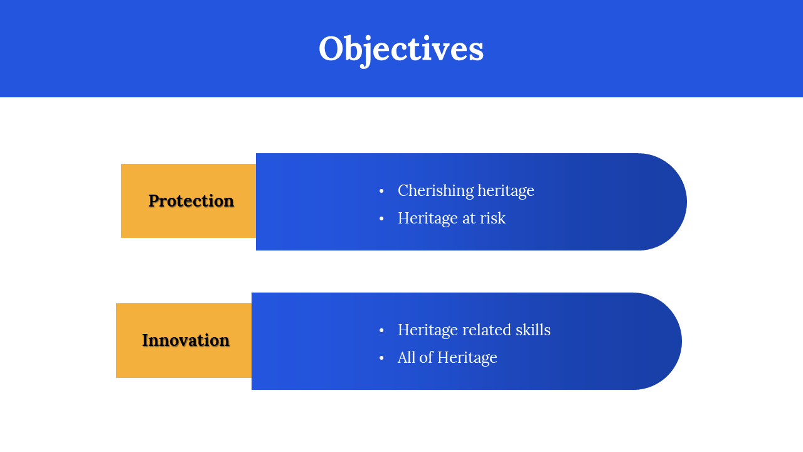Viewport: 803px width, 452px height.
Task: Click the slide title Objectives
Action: (x=401, y=50)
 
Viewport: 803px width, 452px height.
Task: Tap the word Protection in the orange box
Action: (x=191, y=201)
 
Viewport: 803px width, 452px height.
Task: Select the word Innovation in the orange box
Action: (x=186, y=340)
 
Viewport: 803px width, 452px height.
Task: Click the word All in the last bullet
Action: (x=407, y=357)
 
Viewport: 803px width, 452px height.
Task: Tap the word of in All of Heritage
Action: (x=427, y=357)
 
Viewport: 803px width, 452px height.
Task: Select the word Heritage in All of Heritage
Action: (x=467, y=358)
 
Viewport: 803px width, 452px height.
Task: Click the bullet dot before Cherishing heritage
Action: (x=381, y=191)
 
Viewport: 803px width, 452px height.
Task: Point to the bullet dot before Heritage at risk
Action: (x=381, y=218)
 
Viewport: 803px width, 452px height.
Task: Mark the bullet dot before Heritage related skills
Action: (x=381, y=330)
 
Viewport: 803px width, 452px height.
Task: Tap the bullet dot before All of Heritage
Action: (x=381, y=358)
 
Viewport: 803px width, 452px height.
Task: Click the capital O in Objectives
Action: (x=332, y=49)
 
